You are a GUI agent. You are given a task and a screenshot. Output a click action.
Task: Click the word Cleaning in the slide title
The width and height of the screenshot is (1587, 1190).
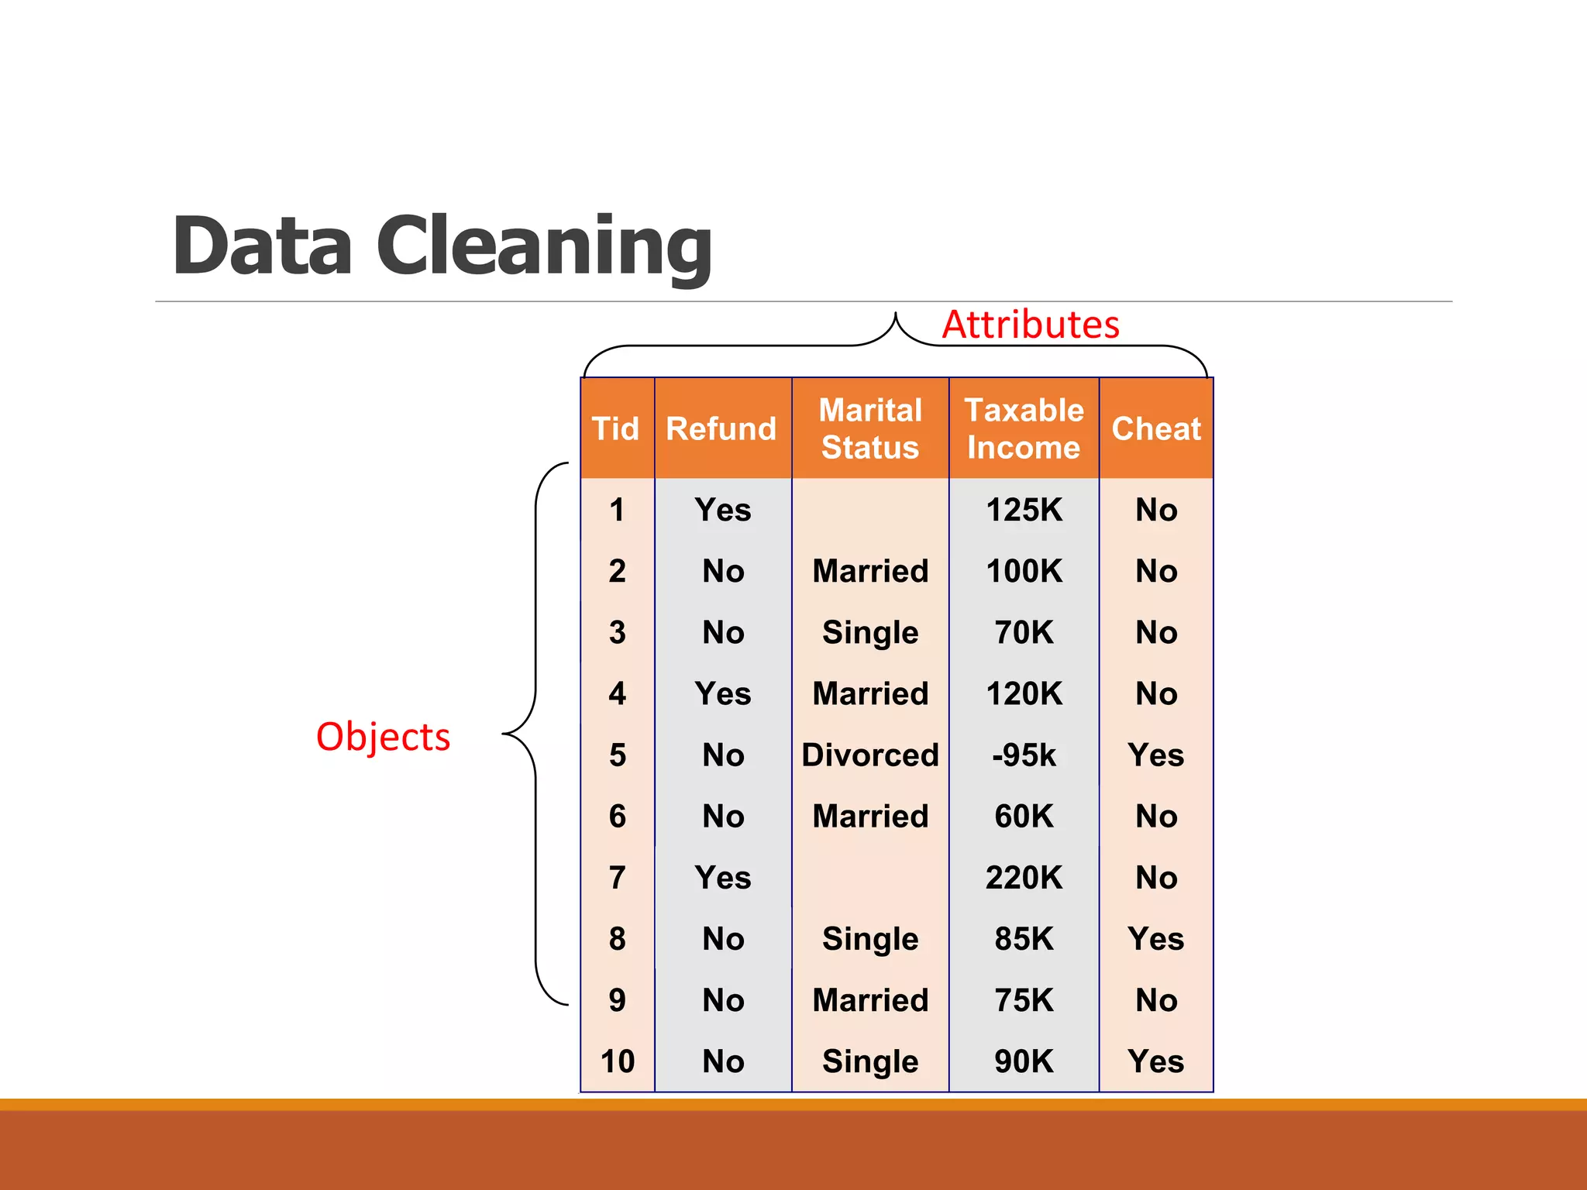click(544, 246)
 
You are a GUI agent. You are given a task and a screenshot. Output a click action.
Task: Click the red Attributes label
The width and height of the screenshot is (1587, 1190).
click(1031, 325)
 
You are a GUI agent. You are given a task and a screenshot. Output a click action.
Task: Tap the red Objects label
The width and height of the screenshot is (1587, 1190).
click(383, 736)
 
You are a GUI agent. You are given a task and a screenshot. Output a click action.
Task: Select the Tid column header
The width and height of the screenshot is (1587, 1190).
click(616, 428)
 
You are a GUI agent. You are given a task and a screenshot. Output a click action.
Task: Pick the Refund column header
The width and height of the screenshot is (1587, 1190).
click(721, 428)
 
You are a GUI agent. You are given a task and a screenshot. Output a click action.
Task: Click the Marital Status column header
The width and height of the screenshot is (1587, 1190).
click(870, 428)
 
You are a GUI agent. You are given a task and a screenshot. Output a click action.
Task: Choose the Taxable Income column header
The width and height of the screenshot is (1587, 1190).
click(1024, 428)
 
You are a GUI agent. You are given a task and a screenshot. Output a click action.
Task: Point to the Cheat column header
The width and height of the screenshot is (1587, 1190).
click(1156, 428)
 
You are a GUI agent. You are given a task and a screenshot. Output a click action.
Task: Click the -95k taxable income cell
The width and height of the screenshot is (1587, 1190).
click(1024, 755)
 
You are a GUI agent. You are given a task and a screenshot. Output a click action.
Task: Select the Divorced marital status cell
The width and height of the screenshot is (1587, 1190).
click(870, 755)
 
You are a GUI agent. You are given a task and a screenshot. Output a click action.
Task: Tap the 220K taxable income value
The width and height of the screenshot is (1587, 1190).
click(1024, 878)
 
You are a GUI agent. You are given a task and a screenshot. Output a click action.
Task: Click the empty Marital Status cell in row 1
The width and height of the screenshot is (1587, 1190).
click(870, 510)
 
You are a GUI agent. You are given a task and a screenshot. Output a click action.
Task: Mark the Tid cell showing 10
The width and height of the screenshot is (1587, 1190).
click(618, 1061)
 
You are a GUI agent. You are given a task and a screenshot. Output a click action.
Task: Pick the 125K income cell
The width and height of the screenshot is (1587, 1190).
click(1024, 510)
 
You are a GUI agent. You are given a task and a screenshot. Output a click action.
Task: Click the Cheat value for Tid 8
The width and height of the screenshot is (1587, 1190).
click(1156, 939)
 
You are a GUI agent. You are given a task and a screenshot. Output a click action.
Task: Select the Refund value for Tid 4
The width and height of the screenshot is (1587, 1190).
click(723, 693)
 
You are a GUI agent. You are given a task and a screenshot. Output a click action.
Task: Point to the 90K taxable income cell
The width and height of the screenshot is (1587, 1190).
click(1024, 1061)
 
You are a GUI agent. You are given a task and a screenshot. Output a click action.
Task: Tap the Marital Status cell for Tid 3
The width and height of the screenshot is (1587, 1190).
click(870, 633)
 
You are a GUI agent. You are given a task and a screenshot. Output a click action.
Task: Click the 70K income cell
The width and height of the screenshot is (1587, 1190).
click(1024, 633)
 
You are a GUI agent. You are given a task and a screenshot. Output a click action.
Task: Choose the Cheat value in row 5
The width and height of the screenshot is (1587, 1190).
click(1156, 755)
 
